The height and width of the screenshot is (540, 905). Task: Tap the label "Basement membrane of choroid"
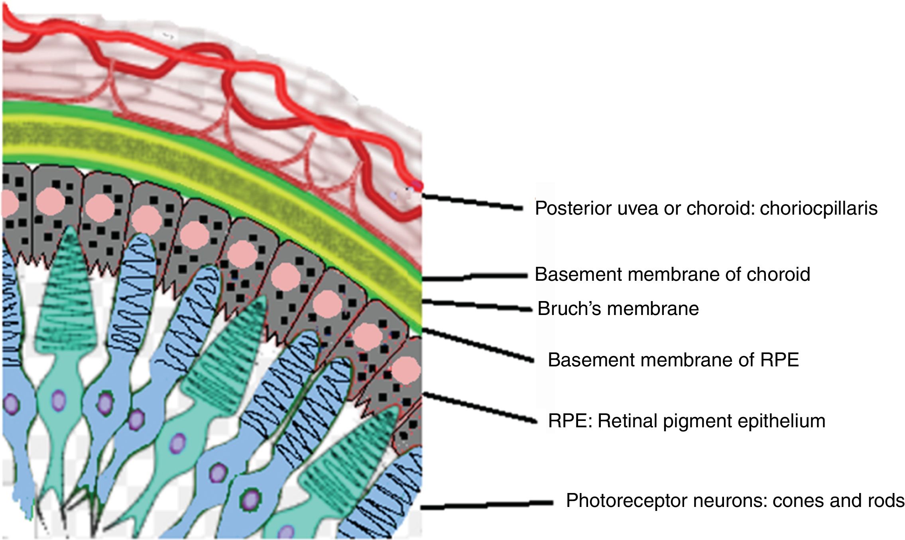click(672, 274)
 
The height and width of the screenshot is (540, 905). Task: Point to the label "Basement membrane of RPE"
click(673, 360)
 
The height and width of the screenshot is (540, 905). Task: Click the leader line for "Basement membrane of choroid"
click(474, 276)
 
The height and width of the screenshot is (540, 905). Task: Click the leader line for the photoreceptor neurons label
click(486, 505)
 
